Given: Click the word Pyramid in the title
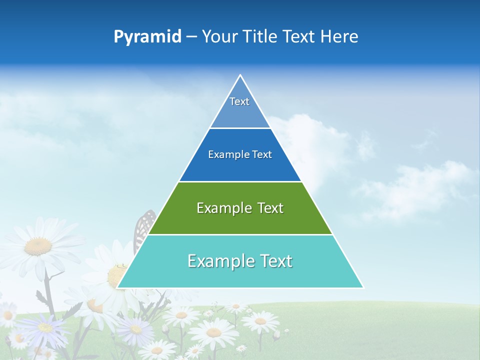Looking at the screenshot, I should pyautogui.click(x=147, y=37).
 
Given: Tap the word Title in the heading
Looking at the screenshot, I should pyautogui.click(x=261, y=37).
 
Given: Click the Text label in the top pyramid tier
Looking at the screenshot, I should pyautogui.click(x=239, y=101).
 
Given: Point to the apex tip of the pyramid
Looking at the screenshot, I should pyautogui.click(x=240, y=75).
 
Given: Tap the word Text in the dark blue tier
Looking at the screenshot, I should pyautogui.click(x=262, y=155).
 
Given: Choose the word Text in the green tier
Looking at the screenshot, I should pyautogui.click(x=270, y=208).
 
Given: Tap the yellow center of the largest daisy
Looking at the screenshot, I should pyautogui.click(x=38, y=245).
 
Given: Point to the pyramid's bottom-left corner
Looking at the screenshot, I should pyautogui.click(x=117, y=287).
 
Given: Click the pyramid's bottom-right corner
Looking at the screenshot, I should pyautogui.click(x=363, y=287).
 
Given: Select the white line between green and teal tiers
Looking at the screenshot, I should pyautogui.click(x=240, y=234).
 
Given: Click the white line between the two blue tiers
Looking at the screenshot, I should pyautogui.click(x=240, y=128).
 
